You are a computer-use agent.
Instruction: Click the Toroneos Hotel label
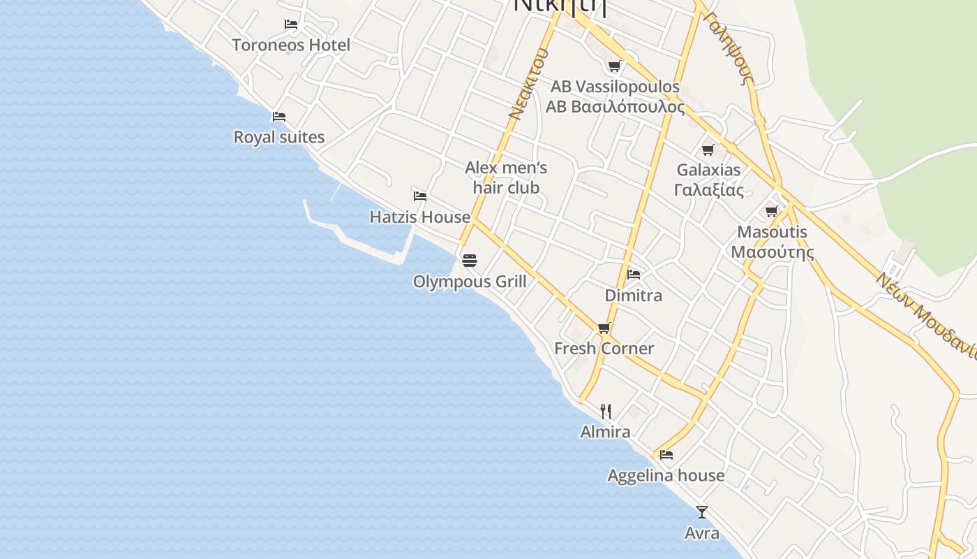pos(291,45)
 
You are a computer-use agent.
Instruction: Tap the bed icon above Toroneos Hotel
pos(291,24)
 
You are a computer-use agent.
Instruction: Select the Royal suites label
pos(279,137)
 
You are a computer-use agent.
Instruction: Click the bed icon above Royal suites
pos(279,116)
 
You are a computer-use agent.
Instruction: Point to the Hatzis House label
pos(420,217)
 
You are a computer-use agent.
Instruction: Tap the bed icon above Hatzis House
pos(420,196)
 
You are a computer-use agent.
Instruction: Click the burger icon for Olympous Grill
pos(470,261)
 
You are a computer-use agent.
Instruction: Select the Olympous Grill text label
pos(470,282)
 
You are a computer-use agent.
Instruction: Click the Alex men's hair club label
pos(506,177)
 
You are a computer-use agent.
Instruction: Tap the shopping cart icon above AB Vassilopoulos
pos(615,66)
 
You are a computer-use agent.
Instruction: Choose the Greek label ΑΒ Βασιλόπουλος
pos(615,107)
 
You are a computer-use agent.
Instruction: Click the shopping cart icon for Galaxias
pos(708,150)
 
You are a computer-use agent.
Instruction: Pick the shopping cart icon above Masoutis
pos(772,212)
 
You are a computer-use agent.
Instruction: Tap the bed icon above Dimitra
pos(634,274)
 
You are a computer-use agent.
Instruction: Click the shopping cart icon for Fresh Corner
pos(604,328)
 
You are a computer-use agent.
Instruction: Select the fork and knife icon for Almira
pos(606,412)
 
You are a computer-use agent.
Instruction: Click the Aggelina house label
pos(666,476)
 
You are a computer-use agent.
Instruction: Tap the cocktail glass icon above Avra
pos(702,512)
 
